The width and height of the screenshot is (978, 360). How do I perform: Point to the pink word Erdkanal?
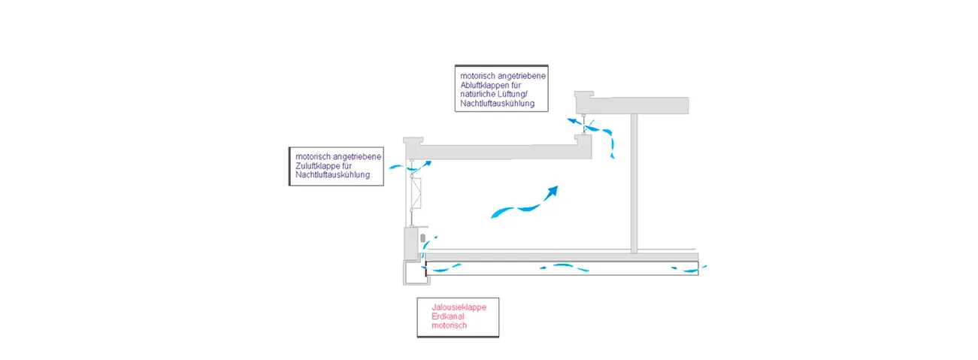point(447,316)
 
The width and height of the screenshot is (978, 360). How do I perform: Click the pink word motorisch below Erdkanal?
point(450,325)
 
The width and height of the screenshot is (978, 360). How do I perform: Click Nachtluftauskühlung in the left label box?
point(333,176)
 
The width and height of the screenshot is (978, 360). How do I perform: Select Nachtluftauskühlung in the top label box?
point(498,104)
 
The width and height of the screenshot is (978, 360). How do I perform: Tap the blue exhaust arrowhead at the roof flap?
point(572,119)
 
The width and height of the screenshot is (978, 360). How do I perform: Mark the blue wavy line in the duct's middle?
point(560,266)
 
